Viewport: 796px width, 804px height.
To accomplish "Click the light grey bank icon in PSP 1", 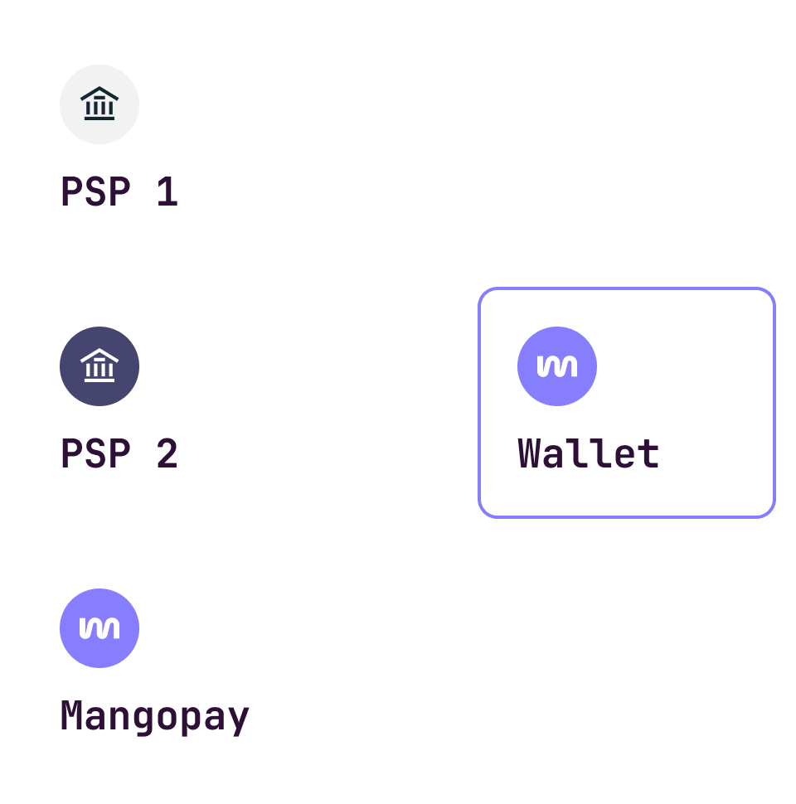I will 99,104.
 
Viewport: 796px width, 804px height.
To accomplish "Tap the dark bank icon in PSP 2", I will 99,366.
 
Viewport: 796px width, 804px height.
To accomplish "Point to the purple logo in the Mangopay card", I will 99,628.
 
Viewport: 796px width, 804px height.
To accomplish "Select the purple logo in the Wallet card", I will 557,366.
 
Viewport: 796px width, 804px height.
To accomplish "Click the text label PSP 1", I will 119,192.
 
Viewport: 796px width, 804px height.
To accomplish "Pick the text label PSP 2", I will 119,454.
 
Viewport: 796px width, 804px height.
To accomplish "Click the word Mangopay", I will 155,716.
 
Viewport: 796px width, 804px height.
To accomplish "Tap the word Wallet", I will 589,454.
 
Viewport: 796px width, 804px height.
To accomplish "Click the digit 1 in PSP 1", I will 167,192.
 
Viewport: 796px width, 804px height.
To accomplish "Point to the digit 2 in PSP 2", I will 167,454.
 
